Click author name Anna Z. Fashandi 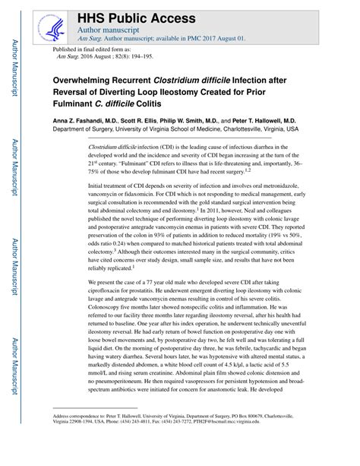pyautogui.click(x=84, y=120)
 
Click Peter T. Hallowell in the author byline pyautogui.click(x=274, y=120)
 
